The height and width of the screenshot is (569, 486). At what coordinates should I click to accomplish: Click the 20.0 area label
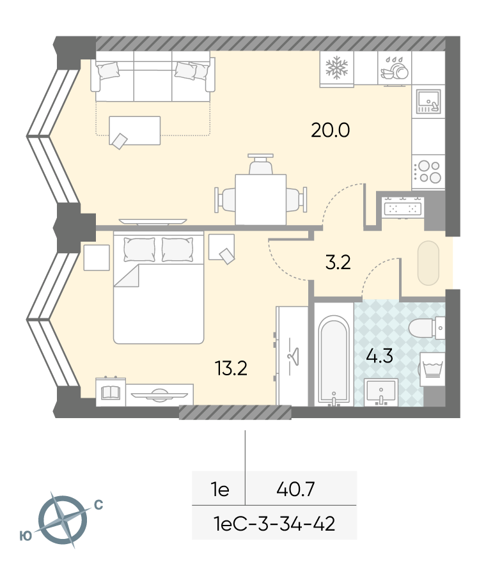pyautogui.click(x=331, y=130)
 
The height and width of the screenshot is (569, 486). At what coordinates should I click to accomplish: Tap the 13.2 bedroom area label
pyautogui.click(x=231, y=368)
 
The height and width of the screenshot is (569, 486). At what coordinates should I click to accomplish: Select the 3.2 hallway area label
pyautogui.click(x=338, y=263)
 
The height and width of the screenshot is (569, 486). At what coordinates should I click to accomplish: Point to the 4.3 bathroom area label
pyautogui.click(x=379, y=356)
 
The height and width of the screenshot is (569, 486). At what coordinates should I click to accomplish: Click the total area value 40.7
pyautogui.click(x=295, y=489)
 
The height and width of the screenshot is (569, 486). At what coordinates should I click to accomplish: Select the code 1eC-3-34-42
pyautogui.click(x=275, y=524)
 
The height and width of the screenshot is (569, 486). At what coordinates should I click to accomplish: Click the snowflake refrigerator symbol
pyautogui.click(x=337, y=68)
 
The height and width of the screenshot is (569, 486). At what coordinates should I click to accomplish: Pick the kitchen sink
pyautogui.click(x=428, y=101)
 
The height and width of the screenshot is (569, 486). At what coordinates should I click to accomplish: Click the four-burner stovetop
pyautogui.click(x=428, y=171)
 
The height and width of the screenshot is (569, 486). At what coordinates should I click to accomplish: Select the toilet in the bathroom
pyautogui.click(x=426, y=328)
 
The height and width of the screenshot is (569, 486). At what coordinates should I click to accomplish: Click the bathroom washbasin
pyautogui.click(x=380, y=393)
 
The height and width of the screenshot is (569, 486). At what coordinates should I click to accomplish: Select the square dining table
pyautogui.click(x=261, y=199)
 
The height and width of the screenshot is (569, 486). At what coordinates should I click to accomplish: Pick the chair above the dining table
pyautogui.click(x=260, y=164)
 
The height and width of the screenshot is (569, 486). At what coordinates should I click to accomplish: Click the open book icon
pyautogui.click(x=111, y=392)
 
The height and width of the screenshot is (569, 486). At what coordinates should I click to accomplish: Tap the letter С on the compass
pyautogui.click(x=98, y=505)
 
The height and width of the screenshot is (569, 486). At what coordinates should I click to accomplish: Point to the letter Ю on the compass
pyautogui.click(x=26, y=536)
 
